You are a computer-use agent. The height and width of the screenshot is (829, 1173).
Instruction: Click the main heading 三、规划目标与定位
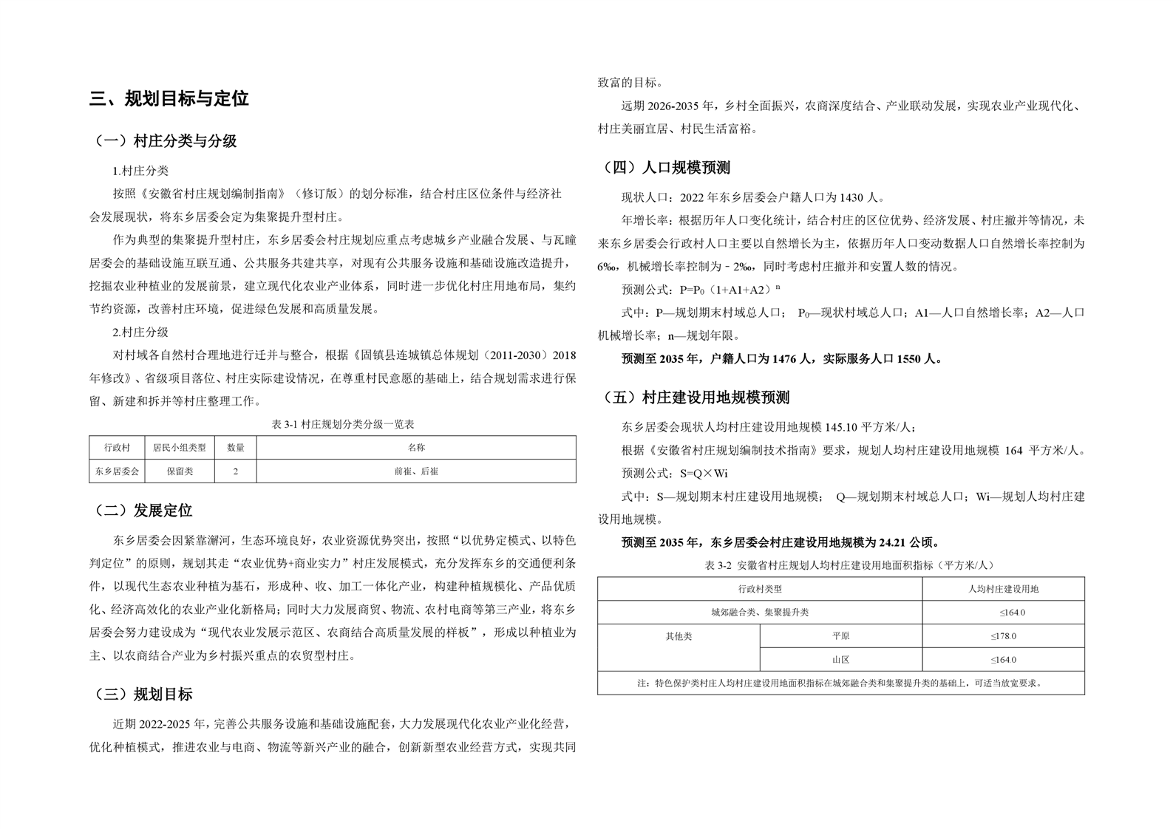169,99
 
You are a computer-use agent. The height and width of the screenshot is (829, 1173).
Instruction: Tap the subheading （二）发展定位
144,511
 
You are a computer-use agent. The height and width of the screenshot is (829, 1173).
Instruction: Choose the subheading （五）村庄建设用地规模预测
696,398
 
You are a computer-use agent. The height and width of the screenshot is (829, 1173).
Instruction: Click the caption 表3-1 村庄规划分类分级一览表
333,425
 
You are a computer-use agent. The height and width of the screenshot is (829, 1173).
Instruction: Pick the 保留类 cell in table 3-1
180,471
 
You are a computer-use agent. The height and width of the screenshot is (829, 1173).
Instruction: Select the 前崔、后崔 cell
416,471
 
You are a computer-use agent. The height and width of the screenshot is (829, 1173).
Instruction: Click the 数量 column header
236,448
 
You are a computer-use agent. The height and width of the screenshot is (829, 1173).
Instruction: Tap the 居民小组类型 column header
180,448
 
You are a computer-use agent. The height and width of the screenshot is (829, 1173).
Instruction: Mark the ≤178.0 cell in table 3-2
1003,636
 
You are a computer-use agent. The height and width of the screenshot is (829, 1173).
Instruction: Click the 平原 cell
840,636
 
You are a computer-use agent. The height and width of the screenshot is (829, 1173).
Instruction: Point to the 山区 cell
840,660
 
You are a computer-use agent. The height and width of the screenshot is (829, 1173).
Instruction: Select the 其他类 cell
679,636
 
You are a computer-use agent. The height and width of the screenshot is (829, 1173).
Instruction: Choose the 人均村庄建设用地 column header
1003,589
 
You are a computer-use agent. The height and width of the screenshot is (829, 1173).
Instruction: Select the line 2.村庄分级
140,332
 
